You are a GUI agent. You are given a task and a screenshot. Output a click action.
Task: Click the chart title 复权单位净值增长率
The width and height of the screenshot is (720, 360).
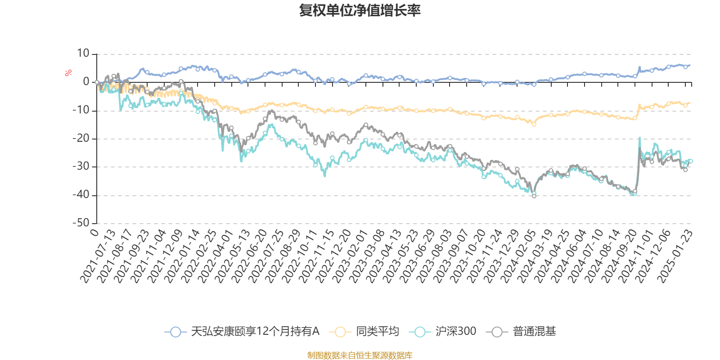360,11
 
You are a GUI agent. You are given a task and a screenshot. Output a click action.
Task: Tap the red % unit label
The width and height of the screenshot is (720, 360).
68,73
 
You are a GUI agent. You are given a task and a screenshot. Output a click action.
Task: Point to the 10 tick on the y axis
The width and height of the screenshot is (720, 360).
83,54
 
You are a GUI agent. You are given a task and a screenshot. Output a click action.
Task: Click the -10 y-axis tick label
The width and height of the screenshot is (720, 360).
81,110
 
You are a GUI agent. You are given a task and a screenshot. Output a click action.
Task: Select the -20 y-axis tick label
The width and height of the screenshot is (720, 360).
81,139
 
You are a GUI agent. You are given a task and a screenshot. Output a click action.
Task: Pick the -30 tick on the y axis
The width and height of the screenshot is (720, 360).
81,166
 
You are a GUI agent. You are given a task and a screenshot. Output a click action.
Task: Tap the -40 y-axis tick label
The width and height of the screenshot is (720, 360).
81,195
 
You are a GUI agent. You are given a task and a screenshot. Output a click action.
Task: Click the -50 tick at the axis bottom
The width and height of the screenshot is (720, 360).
81,223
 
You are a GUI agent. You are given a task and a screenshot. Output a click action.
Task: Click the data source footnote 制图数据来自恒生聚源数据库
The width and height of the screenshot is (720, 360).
360,355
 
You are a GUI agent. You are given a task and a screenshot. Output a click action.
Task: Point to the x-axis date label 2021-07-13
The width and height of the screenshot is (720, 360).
98,256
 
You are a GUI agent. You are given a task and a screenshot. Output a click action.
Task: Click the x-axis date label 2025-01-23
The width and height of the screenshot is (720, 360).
675,256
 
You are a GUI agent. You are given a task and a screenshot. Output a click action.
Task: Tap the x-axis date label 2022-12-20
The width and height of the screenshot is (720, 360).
333,256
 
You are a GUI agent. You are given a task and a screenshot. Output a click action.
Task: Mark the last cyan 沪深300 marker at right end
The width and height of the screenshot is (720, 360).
691,161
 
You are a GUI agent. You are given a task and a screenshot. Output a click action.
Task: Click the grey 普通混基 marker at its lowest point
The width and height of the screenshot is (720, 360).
534,196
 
